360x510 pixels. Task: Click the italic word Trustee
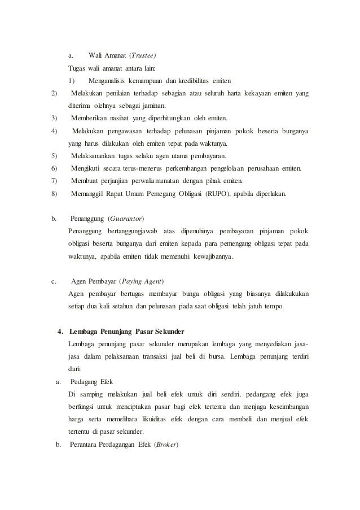point(143,56)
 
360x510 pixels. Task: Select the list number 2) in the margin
point(54,93)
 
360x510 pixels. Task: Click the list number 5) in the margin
point(54,155)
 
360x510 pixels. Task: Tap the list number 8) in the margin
point(54,193)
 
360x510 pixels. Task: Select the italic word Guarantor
point(127,219)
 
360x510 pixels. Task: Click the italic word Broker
point(166,444)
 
